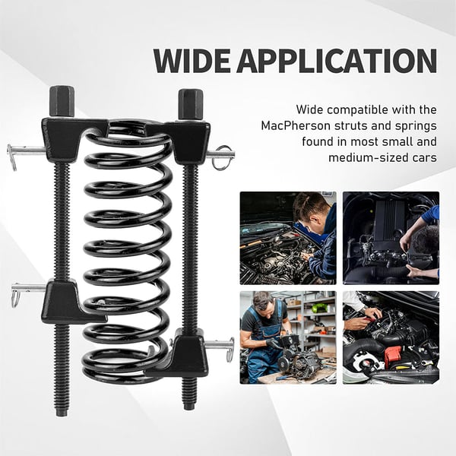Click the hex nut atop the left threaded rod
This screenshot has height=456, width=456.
[x=62, y=101]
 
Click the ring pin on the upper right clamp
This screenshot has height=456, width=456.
[x=223, y=157]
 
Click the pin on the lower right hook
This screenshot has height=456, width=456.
[x=222, y=347]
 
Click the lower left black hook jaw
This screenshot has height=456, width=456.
[x=65, y=302]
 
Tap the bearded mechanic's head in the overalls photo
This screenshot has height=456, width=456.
[x=262, y=306]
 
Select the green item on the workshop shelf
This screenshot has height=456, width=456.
[x=321, y=308]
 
